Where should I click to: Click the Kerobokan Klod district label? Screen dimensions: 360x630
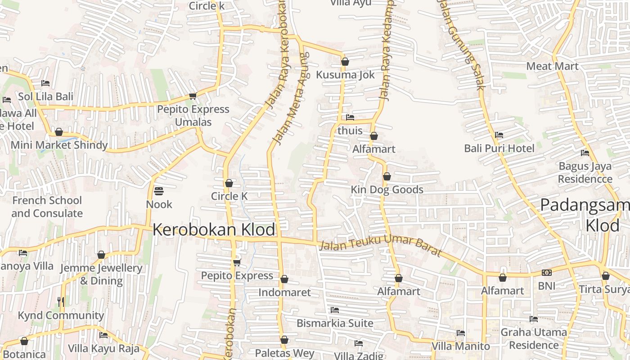point(214,229)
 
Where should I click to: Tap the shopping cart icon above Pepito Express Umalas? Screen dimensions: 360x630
point(193,96)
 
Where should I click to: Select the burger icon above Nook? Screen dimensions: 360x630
point(158,191)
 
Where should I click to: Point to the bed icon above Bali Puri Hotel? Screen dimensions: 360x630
point(499,135)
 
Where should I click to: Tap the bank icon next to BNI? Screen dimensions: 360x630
point(547,273)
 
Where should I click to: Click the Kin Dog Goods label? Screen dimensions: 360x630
point(387,189)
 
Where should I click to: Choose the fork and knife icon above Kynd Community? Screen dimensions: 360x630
point(61,302)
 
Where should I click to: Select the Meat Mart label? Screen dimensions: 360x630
point(552,66)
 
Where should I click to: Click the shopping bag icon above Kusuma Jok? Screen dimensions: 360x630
point(345,62)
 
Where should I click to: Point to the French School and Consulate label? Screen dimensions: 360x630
point(47,207)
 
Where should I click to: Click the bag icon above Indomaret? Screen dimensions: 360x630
point(284,279)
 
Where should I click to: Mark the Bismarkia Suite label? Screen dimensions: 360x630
point(335,323)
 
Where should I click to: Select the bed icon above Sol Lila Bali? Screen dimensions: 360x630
point(45,83)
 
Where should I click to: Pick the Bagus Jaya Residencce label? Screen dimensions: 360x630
point(585,172)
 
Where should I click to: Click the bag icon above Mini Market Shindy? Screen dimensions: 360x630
point(59,132)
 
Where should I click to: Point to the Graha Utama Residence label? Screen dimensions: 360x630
point(534,338)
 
